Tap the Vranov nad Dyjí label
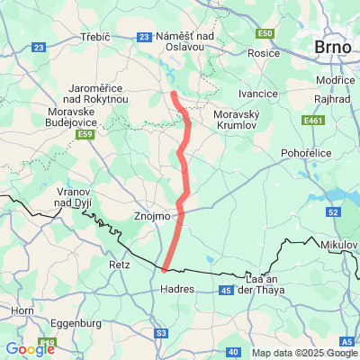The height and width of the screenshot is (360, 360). [x=72, y=200]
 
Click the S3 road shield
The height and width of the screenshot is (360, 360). [x=162, y=332]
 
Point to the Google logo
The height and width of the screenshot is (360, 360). [x=31, y=348]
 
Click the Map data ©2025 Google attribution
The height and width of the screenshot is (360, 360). [x=304, y=353]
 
